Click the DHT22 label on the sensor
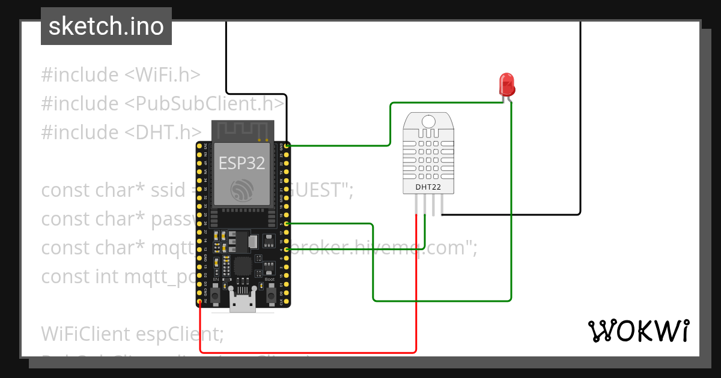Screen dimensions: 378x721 (428, 187)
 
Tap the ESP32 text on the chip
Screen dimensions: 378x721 (242, 163)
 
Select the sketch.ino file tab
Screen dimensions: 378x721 (106, 26)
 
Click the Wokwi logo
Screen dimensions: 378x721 (637, 331)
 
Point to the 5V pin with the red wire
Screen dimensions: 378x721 (199, 301)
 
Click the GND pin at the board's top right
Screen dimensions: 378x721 (287, 146)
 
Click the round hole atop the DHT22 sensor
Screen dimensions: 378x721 (428, 122)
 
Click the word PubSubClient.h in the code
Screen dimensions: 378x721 (204, 104)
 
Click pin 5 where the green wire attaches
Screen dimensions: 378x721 (287, 224)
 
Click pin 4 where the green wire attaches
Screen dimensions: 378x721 (287, 249)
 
